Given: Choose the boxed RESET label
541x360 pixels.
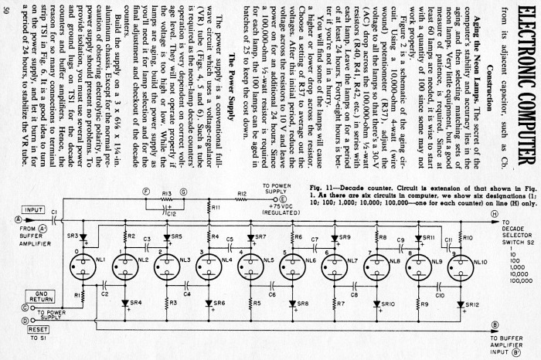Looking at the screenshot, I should [x=35, y=328].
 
